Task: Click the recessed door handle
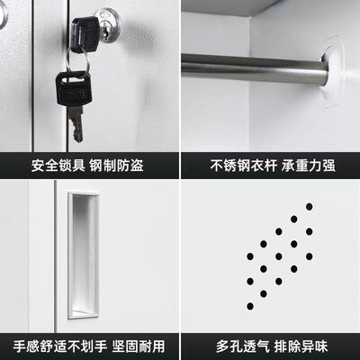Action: point(83,255)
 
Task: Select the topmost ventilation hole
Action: point(309,207)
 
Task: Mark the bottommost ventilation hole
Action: point(264,293)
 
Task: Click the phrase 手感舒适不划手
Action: point(60,346)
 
